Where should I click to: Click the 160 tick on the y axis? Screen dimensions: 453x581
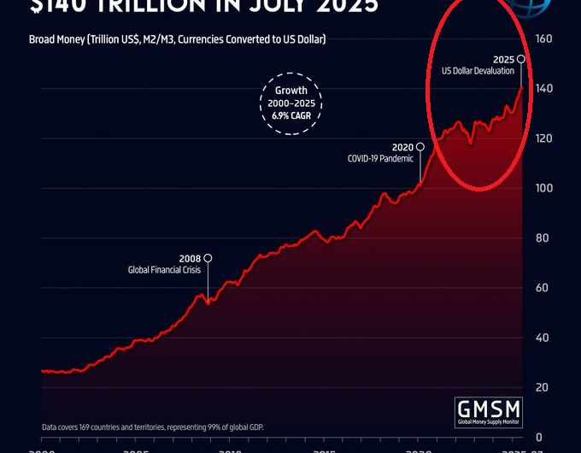[x=543, y=39]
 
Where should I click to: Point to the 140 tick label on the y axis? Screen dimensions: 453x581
[x=543, y=89]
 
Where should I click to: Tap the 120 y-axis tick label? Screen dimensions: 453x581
[x=543, y=138]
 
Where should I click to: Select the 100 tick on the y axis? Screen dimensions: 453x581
[x=543, y=188]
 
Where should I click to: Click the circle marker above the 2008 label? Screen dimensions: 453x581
[x=208, y=258]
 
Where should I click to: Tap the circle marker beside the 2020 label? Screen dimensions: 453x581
[x=420, y=147]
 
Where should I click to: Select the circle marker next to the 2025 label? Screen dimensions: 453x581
[x=521, y=59]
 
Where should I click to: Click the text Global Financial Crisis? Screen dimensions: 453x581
[x=164, y=270]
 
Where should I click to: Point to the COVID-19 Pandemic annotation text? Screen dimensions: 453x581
[x=379, y=158]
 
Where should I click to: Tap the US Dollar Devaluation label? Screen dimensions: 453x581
[x=478, y=71]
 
